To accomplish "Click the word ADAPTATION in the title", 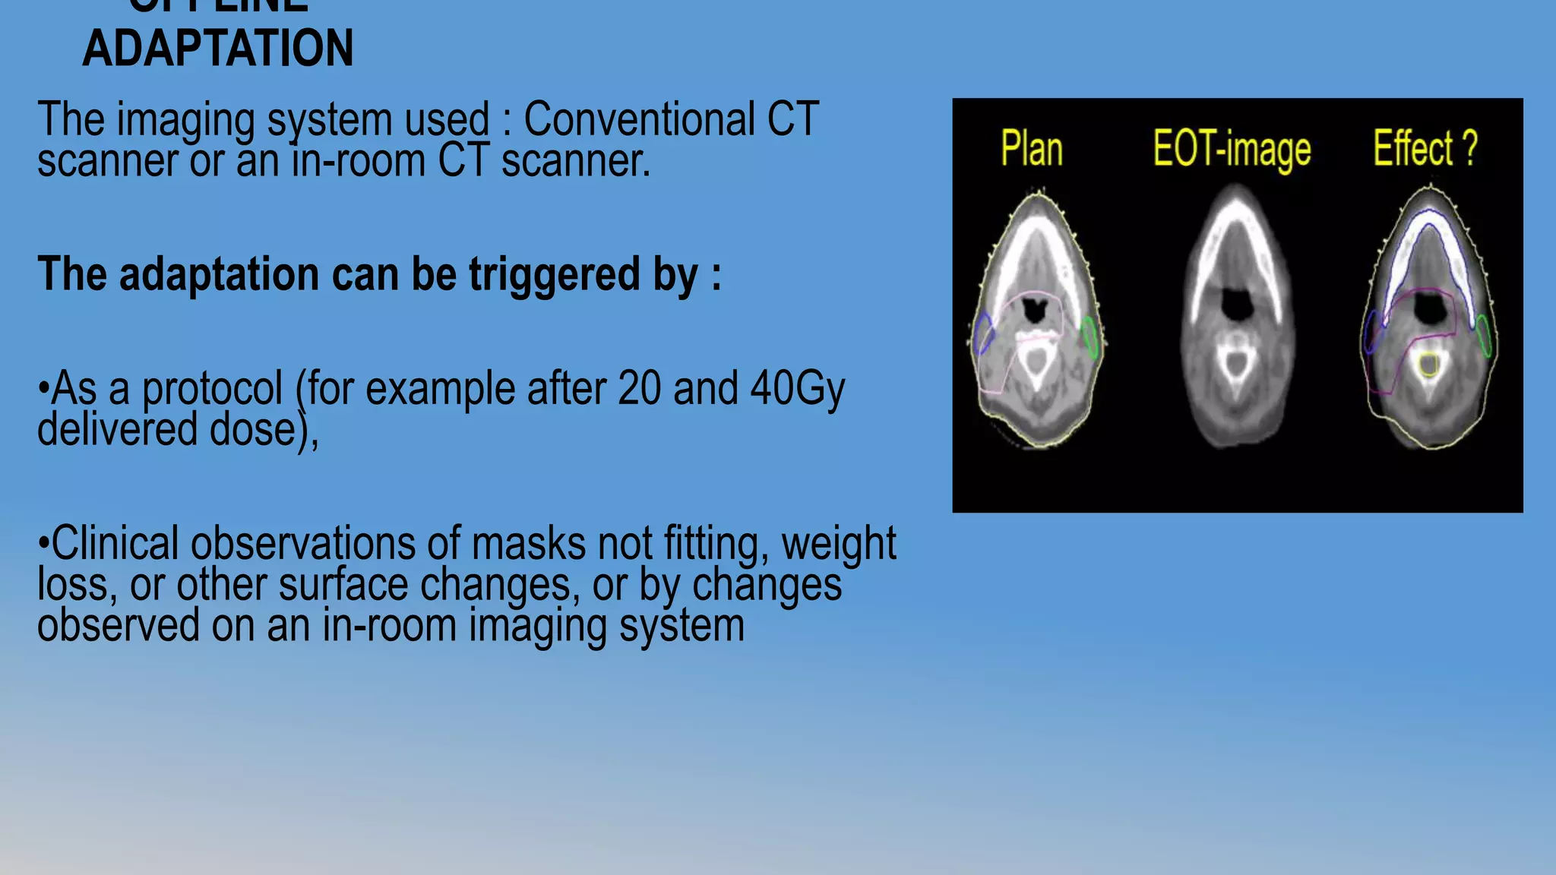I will (218, 48).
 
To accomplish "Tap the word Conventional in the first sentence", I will (639, 119).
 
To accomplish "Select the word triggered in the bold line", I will (554, 274).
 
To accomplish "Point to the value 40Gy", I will (797, 389).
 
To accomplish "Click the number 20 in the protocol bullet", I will (640, 389).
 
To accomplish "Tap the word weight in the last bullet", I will (839, 544).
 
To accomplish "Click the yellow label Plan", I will (1031, 148).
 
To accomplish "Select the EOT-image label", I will (1232, 148).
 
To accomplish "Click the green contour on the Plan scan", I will (1090, 338).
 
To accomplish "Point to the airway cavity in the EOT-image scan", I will (1237, 304).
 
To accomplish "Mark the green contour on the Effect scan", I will (1485, 336).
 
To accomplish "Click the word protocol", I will (213, 389).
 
